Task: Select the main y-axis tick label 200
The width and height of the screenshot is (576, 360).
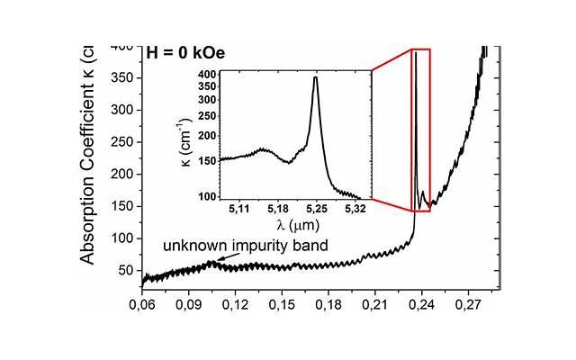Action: [x=121, y=175]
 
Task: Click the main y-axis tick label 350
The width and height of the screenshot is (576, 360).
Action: [x=121, y=78]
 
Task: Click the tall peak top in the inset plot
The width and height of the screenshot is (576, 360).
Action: [x=315, y=77]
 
